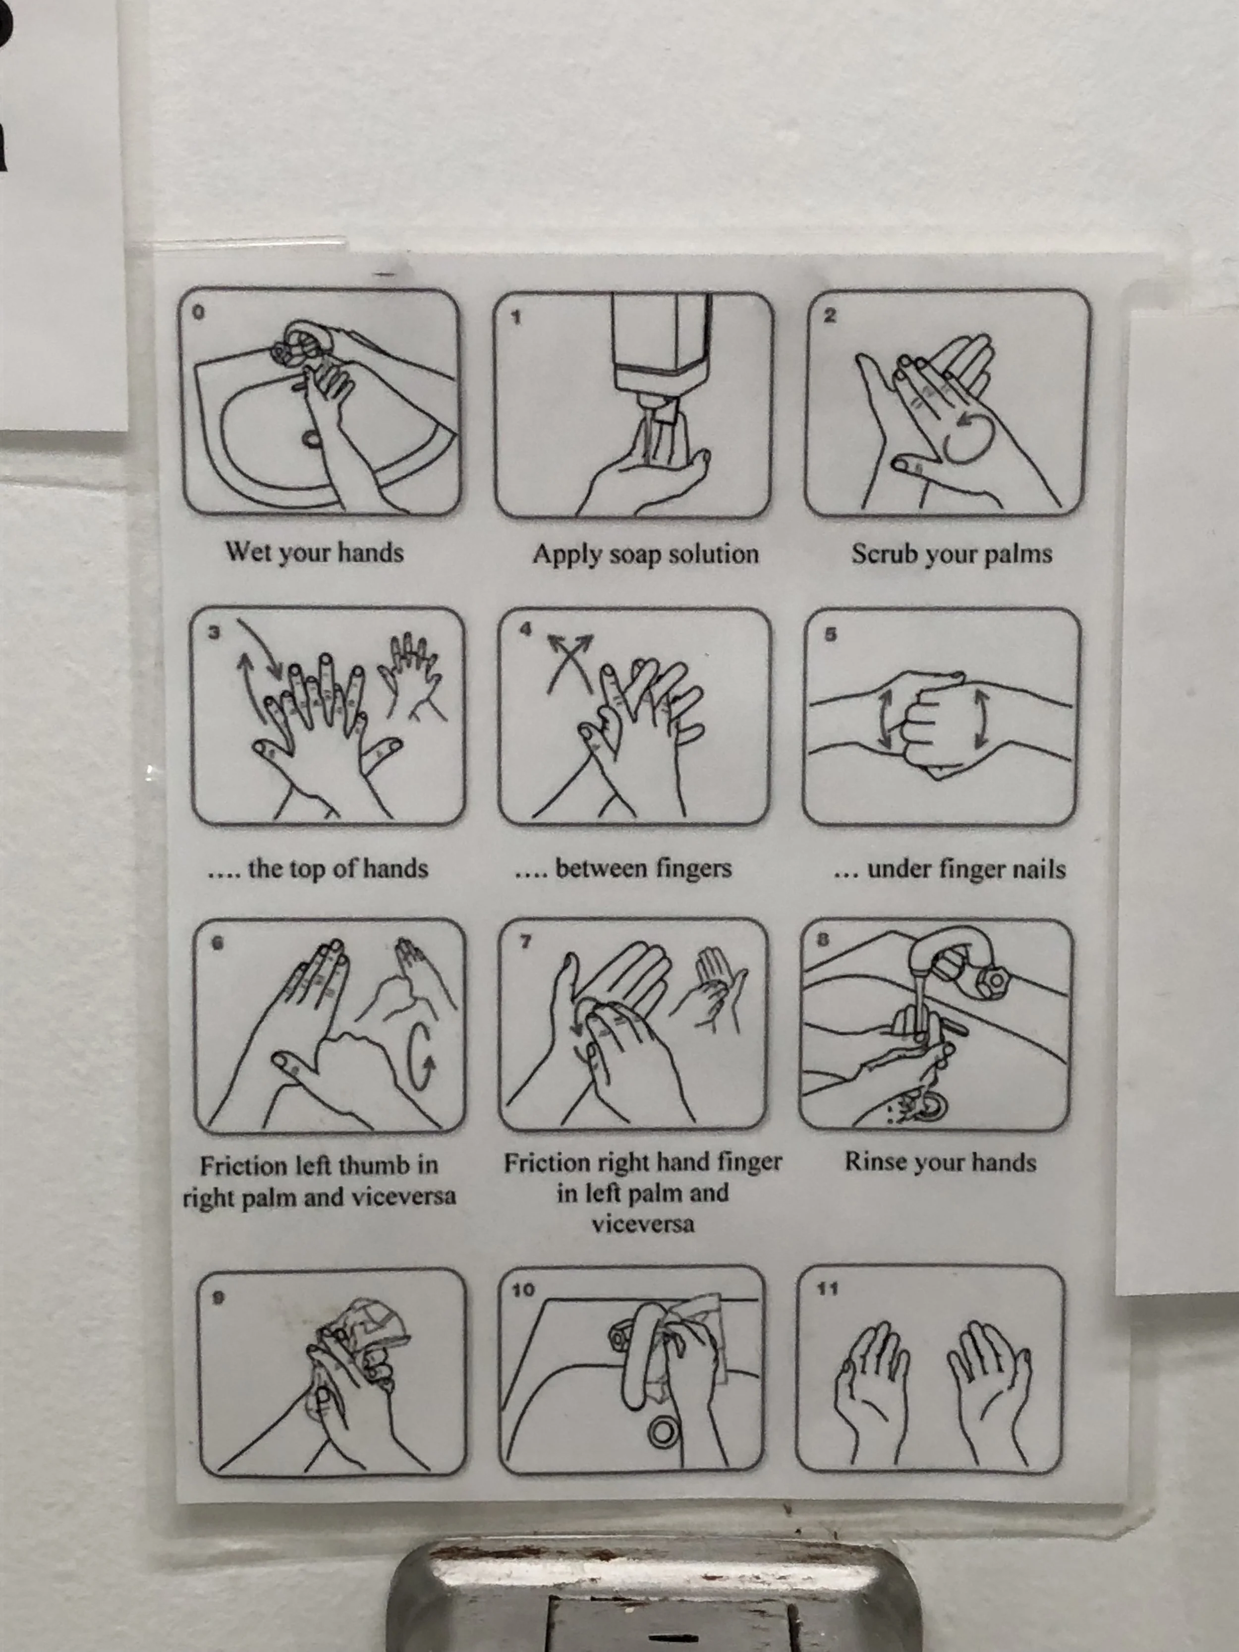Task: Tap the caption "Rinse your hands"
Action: tap(940, 1162)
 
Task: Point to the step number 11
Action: tap(828, 1288)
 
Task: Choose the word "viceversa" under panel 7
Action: tap(642, 1225)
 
